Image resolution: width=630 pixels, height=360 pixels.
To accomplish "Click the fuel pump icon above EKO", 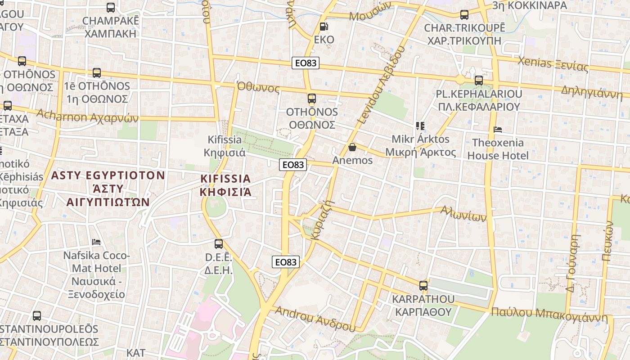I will (324, 27).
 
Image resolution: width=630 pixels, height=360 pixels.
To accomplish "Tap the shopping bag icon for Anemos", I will (352, 147).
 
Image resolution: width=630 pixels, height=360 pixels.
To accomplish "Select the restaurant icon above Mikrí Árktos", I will (420, 126).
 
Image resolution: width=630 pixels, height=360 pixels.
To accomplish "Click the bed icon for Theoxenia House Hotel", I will (498, 130).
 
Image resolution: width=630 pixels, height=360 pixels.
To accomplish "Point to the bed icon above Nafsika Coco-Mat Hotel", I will (96, 242).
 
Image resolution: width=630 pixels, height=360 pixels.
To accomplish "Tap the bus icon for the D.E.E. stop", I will (219, 244).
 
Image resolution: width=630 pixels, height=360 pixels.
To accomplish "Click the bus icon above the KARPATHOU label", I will (423, 285).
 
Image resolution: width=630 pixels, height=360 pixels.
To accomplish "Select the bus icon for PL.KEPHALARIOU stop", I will (479, 81).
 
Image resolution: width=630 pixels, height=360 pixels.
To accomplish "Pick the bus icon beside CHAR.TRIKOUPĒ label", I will (464, 15).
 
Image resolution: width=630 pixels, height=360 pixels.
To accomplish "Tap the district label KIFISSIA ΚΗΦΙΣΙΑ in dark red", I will (225, 185).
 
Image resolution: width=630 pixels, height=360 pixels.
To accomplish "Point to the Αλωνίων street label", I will (463, 214).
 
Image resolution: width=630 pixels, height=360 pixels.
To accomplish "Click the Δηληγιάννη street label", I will (591, 91).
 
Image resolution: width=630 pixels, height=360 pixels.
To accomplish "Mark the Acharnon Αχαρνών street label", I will (87, 116).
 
